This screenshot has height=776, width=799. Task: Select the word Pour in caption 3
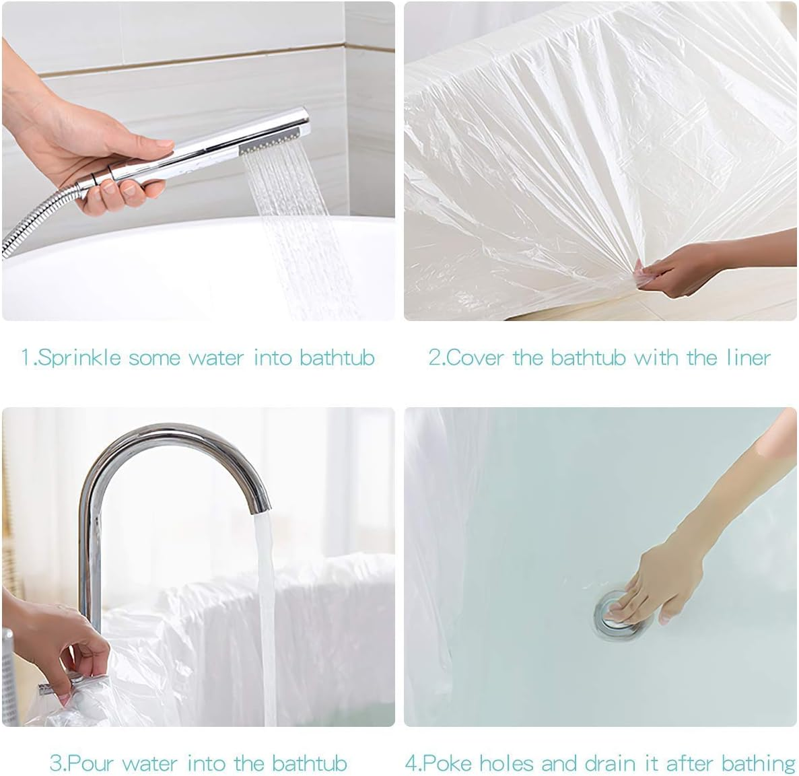91,763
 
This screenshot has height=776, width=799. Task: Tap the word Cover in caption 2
475,357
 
